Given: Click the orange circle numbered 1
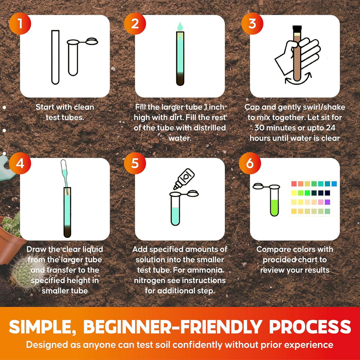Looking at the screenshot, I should pyautogui.click(x=20, y=24).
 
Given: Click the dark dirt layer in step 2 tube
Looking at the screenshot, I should pyautogui.click(x=180, y=78).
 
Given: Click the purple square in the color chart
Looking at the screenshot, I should pyautogui.click(x=327, y=202).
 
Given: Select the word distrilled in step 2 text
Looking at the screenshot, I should pyautogui.click(x=209, y=128).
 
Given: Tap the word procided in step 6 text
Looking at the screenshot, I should pyautogui.click(x=280, y=260).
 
